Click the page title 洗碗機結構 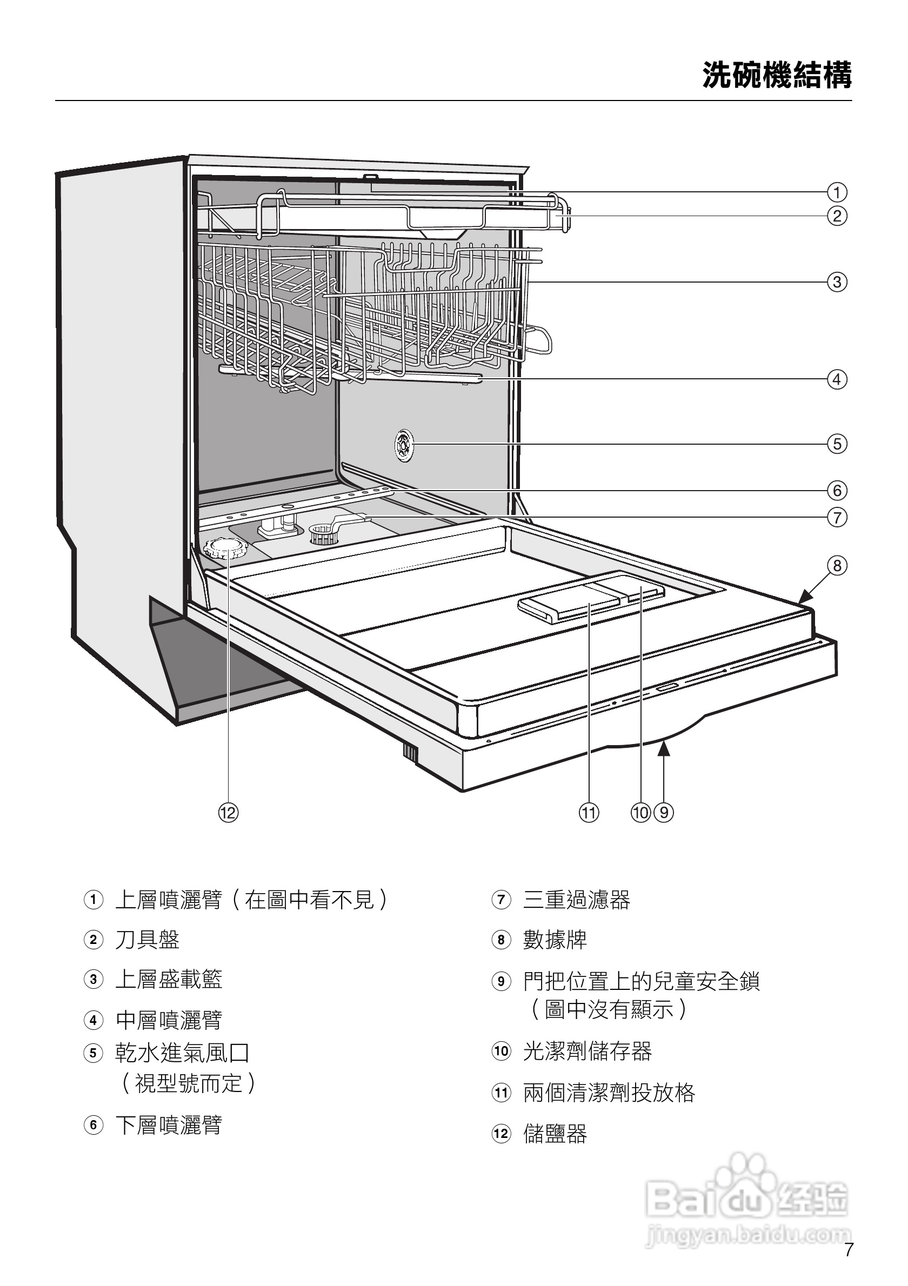777,75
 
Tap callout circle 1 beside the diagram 837,193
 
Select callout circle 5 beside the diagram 837,444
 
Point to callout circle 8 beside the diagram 837,566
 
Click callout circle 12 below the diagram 228,813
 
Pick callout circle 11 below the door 589,813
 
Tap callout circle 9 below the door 664,813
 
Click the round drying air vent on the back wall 403,446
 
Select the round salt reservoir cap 225,547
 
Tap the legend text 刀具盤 148,939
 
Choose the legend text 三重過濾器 577,900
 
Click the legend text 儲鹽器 555,1134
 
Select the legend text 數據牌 555,939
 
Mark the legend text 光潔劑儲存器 587,1051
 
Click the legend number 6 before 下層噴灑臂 94,1124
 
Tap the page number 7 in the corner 849,1250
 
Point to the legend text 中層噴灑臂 169,1020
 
